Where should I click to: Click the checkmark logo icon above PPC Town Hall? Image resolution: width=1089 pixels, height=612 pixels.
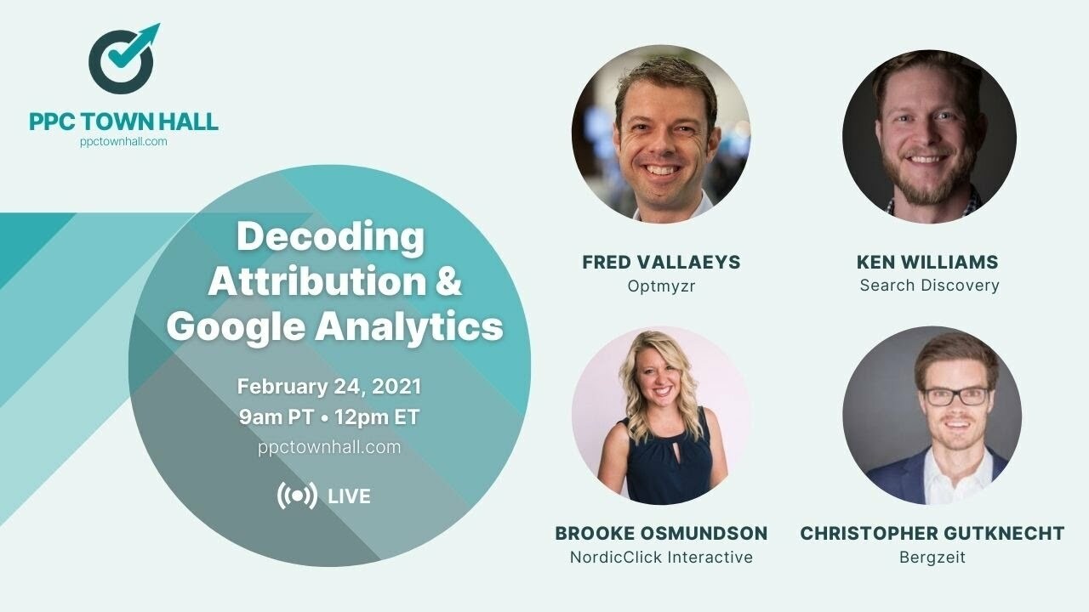pos(123,59)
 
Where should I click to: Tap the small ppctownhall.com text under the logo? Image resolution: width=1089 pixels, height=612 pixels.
pos(123,142)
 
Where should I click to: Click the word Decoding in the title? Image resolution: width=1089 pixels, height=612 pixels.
pos(329,236)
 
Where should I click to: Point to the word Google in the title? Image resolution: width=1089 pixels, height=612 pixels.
pos(236,327)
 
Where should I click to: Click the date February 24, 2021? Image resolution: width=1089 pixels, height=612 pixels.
pos(329,387)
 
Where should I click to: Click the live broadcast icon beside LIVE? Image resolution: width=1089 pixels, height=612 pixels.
pos(297,496)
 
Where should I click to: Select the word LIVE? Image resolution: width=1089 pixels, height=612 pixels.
pos(349,496)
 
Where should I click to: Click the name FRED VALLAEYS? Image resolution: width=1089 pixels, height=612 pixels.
pos(661,262)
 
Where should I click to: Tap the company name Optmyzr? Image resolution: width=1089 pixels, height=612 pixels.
pos(661,286)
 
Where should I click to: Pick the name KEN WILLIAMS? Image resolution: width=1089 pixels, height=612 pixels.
pos(927,262)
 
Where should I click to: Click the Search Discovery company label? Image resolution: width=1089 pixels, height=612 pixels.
pos(929,286)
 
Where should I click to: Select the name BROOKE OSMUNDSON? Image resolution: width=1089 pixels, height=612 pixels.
pos(661,534)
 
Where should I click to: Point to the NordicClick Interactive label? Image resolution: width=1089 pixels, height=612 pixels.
pos(661,558)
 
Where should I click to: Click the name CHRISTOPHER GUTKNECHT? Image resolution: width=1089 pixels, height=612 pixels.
pos(932,534)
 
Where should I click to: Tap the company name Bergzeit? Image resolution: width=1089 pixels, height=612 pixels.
pos(932,558)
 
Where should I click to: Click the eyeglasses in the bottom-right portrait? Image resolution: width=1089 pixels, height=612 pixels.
pos(956,396)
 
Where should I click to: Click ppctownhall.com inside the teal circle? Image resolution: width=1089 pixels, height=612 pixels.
pos(329,447)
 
